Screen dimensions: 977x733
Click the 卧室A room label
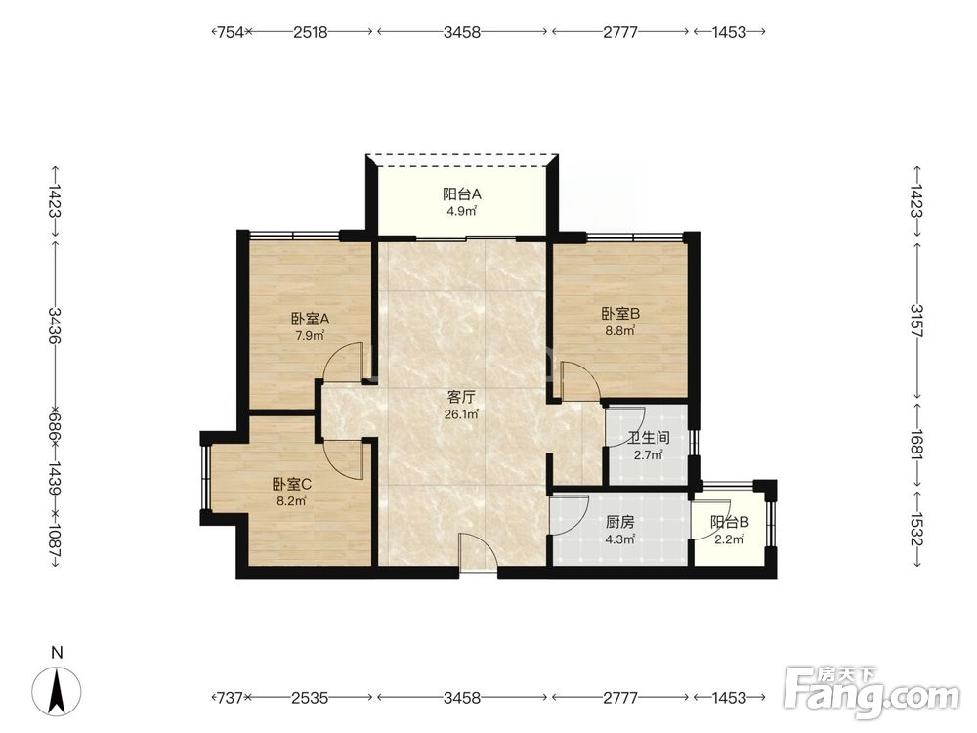point(311,320)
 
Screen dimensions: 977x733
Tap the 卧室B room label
point(620,314)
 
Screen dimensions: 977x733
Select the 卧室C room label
point(291,484)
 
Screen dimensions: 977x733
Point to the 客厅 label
point(462,397)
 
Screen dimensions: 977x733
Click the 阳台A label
point(462,194)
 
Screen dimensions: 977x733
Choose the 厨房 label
point(619,522)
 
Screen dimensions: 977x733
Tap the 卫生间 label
point(649,438)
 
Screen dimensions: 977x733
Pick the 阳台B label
point(730,522)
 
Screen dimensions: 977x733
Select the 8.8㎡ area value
point(620,331)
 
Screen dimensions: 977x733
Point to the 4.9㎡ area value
point(462,211)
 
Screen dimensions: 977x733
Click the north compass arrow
point(58,691)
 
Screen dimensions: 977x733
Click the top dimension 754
point(230,32)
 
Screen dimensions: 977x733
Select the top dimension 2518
point(311,32)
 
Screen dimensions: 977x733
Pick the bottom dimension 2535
point(311,698)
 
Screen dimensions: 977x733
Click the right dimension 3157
point(916,320)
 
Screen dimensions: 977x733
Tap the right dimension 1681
point(916,443)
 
